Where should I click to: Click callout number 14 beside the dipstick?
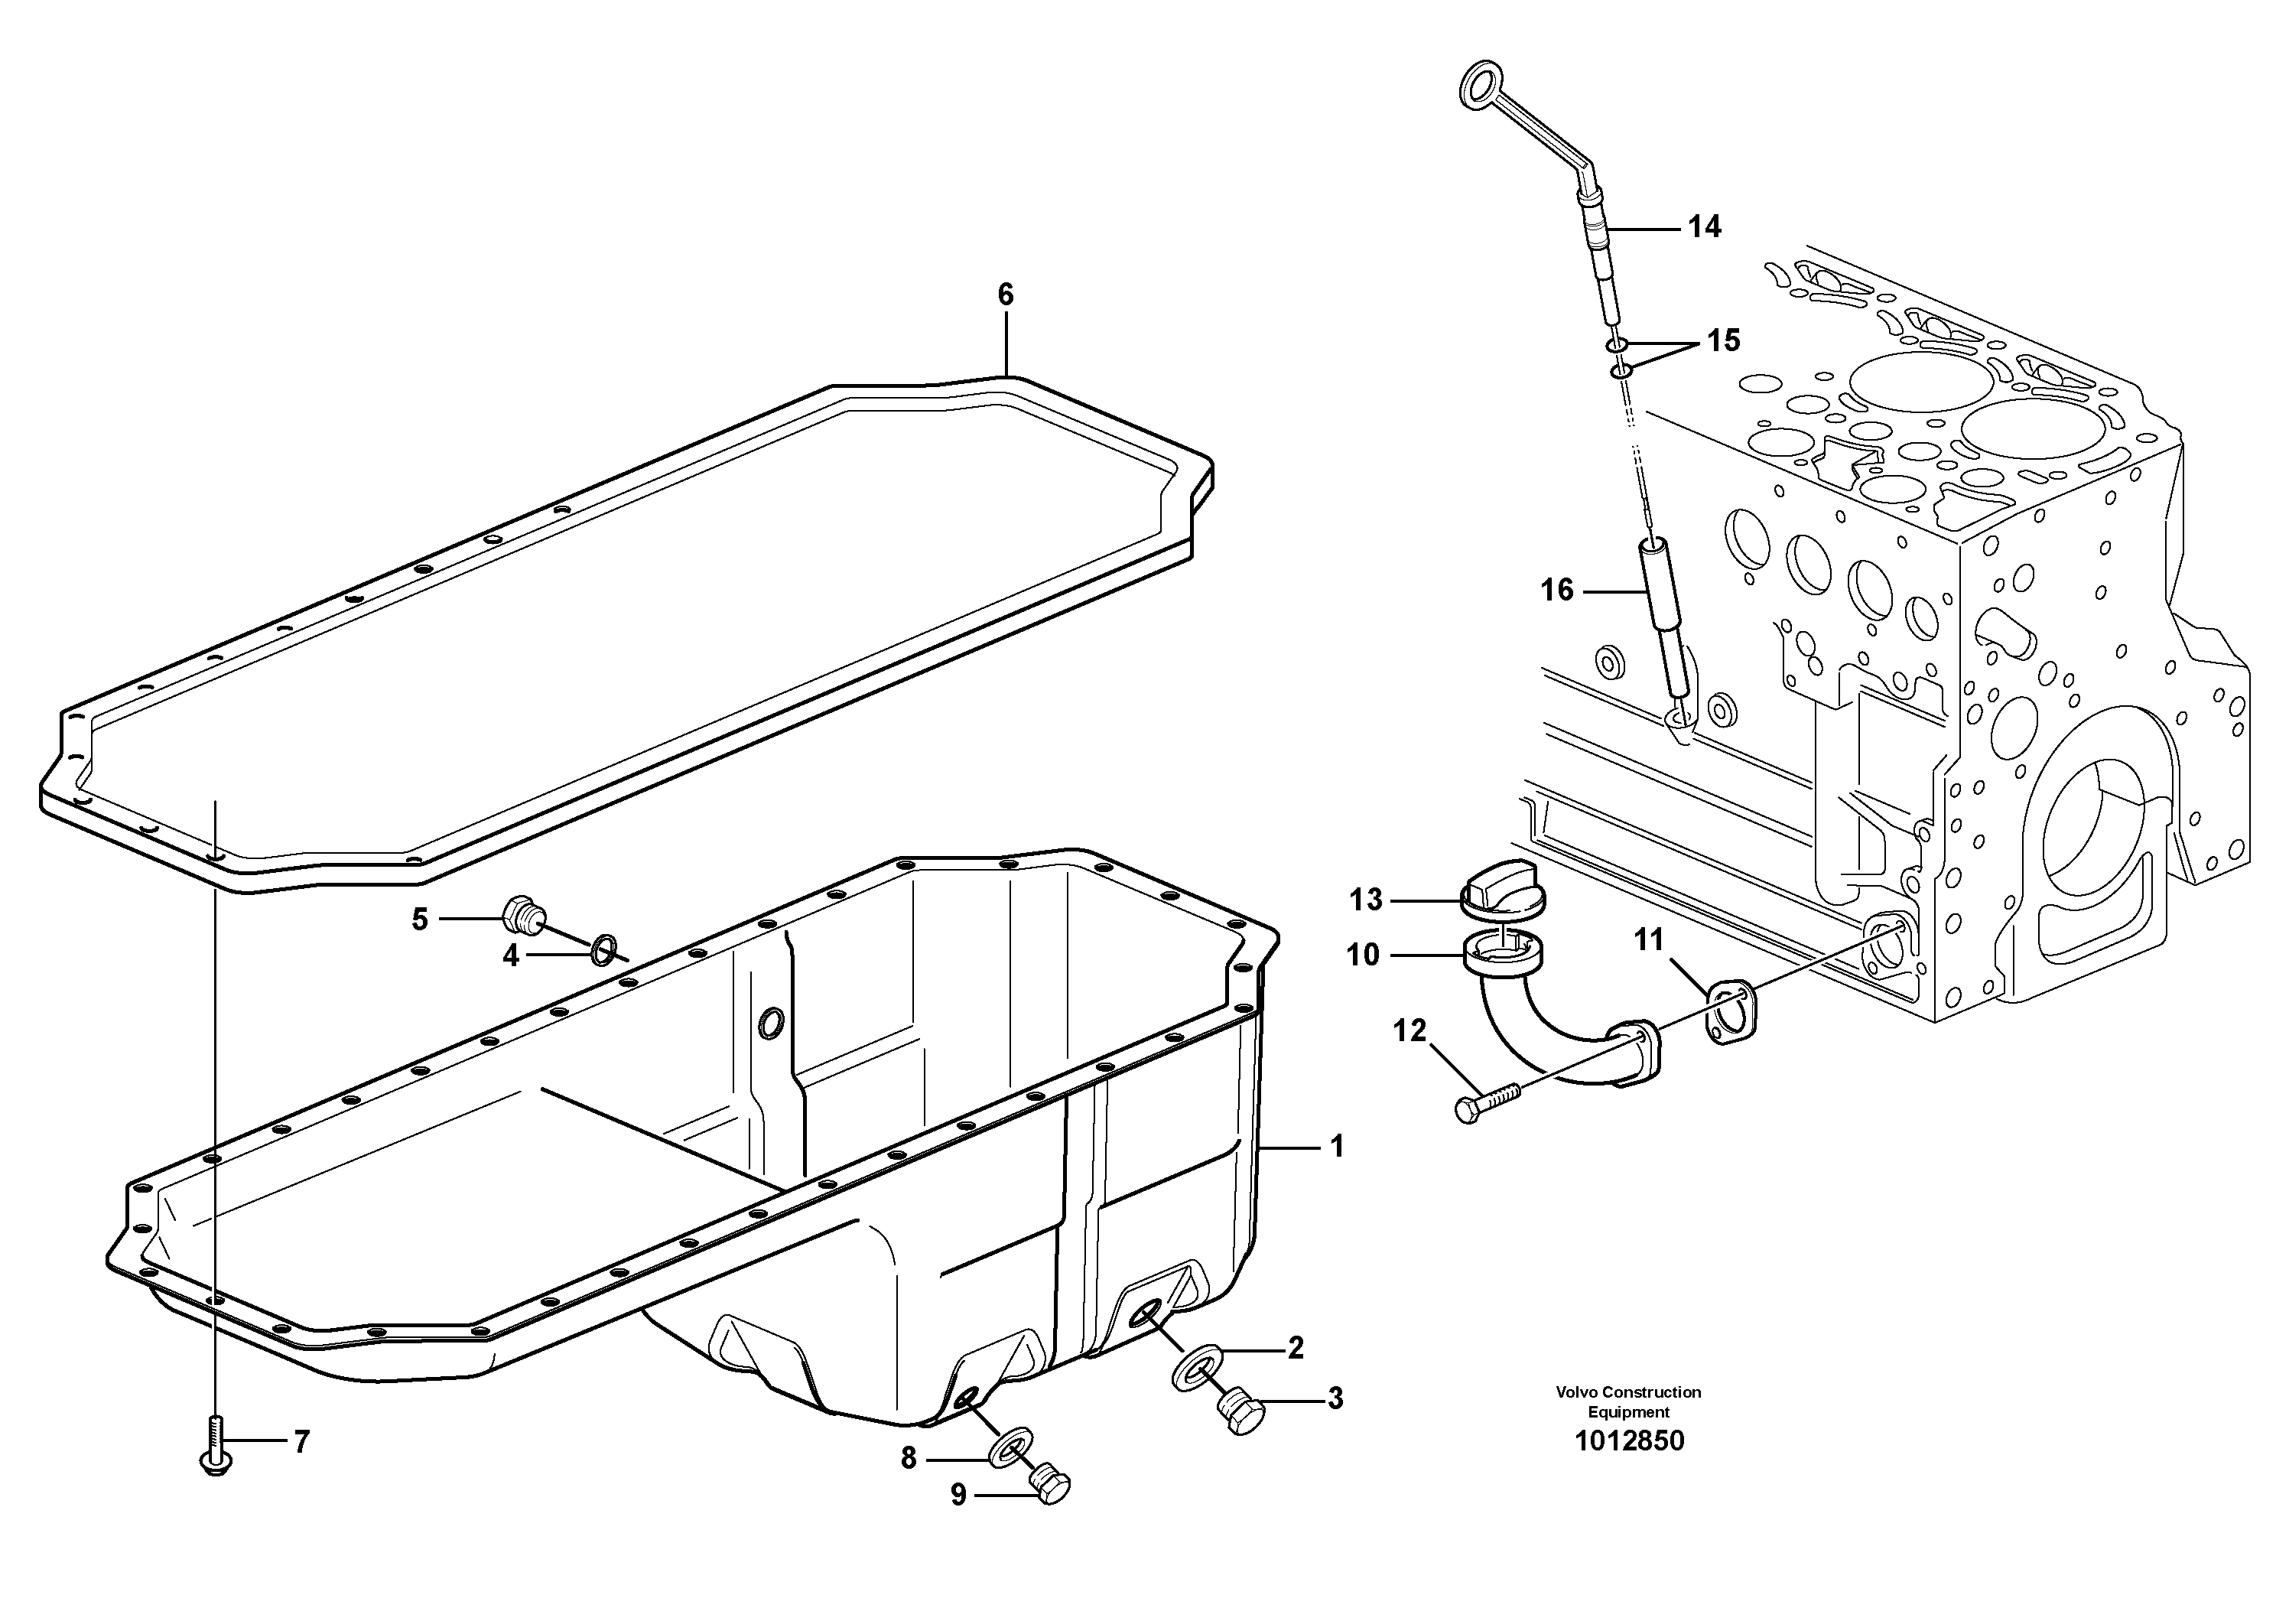pos(1704,227)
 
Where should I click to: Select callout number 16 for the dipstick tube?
pos(1556,591)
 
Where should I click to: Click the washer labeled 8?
pos(1009,1451)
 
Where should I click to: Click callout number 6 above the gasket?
pos(1005,295)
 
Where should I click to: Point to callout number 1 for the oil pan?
pos(1336,1147)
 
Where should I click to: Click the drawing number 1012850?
pos(1629,1440)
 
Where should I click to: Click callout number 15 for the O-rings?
pos(1723,341)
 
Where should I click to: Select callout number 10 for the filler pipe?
pos(1363,955)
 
